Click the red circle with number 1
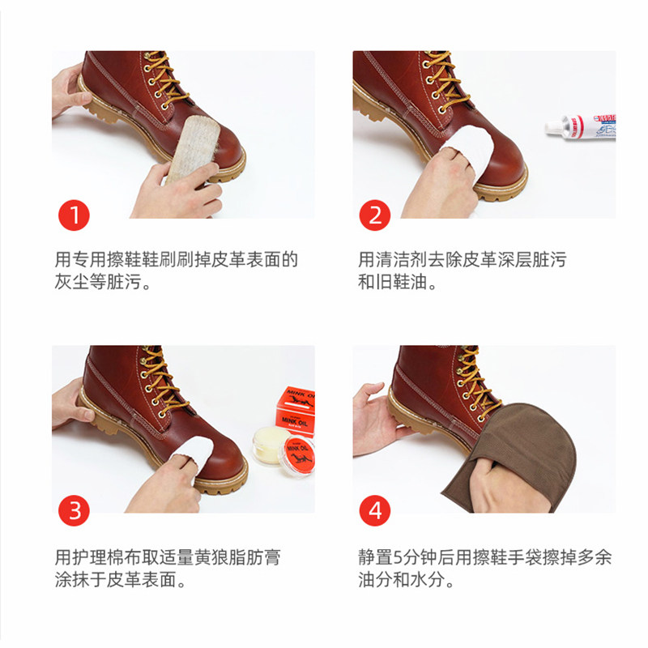(75, 215)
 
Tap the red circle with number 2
(375, 215)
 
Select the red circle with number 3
(75, 510)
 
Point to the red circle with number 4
(375, 510)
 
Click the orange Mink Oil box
(293, 406)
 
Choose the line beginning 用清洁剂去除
(463, 261)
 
